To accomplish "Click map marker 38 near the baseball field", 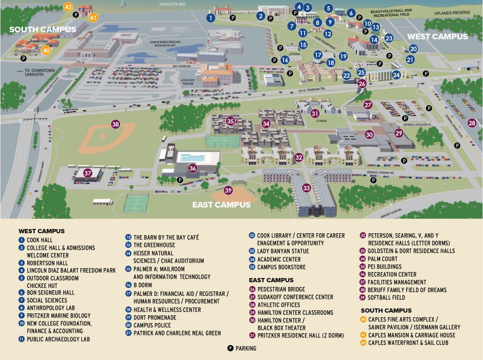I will tap(116, 124).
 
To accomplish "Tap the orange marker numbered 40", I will tap(46, 50).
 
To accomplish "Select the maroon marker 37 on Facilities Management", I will tap(88, 173).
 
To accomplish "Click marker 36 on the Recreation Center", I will tap(192, 168).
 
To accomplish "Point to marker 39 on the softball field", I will tap(228, 190).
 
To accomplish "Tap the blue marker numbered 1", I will tap(210, 17).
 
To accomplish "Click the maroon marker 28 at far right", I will tap(472, 123).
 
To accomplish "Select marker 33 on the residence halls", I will tap(307, 188).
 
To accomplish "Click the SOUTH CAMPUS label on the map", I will tap(42, 29).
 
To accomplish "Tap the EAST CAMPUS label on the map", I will tap(221, 205).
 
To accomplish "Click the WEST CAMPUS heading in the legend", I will tap(42, 231).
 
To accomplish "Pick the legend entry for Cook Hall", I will tap(40, 240).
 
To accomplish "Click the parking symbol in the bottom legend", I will tap(231, 348).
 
